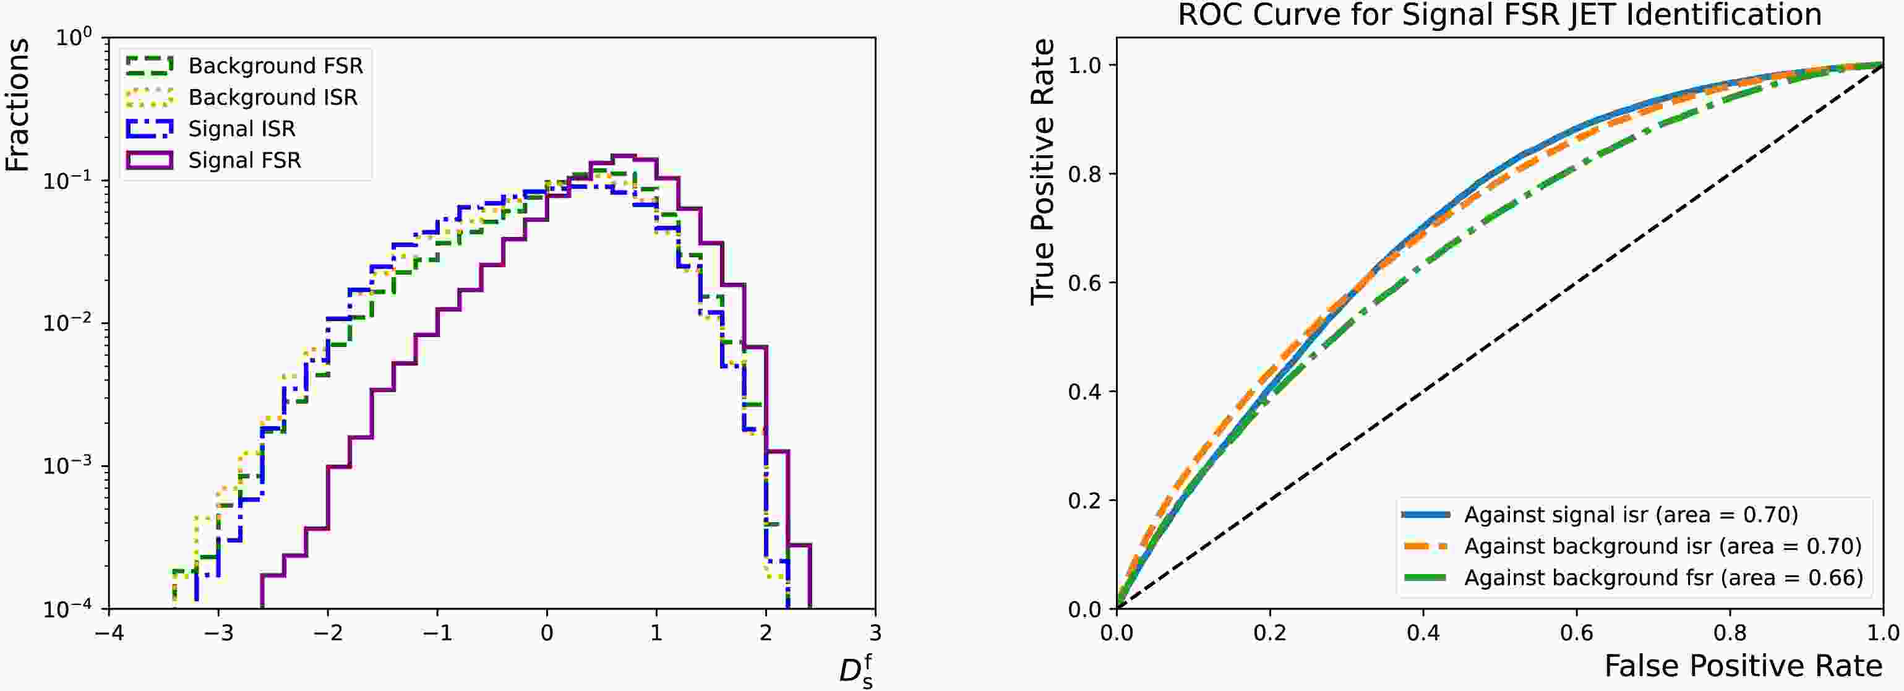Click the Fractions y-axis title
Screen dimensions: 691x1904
(x=18, y=105)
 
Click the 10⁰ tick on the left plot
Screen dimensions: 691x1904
(x=74, y=37)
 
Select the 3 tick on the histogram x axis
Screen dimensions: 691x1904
(x=875, y=633)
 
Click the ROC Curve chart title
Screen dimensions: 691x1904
(x=1499, y=15)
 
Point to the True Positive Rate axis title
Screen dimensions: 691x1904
(x=1042, y=171)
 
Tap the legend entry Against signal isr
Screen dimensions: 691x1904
(x=1631, y=514)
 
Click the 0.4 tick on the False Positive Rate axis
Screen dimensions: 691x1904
(x=1423, y=633)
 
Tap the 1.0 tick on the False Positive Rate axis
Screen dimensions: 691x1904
(x=1882, y=633)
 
